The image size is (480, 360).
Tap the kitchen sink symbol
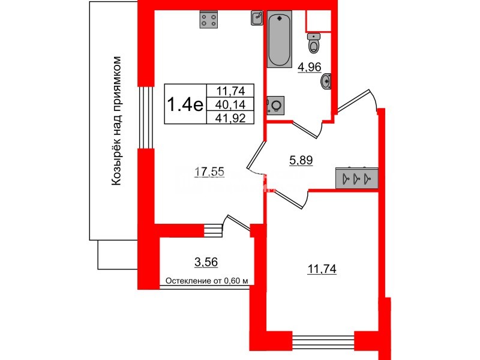click(x=256, y=18)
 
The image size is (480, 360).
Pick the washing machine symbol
click(x=275, y=106)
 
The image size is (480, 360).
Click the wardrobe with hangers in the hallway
click(x=356, y=178)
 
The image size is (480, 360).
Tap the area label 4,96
click(x=310, y=67)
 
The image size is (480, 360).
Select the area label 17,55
click(x=209, y=172)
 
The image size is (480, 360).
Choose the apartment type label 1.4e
click(x=184, y=104)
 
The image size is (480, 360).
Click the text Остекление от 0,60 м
click(x=206, y=281)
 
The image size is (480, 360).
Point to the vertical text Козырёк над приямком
click(x=118, y=120)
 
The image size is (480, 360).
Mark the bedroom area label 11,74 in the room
click(x=321, y=269)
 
